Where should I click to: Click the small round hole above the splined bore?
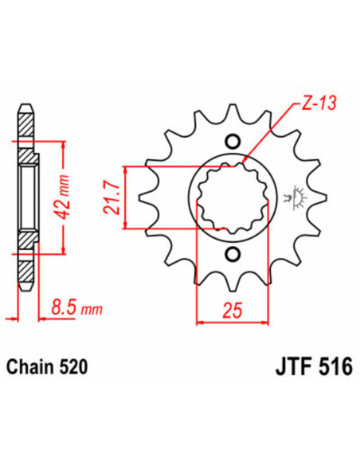233,141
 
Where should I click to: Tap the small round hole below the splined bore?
233,255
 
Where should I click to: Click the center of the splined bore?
233,198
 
